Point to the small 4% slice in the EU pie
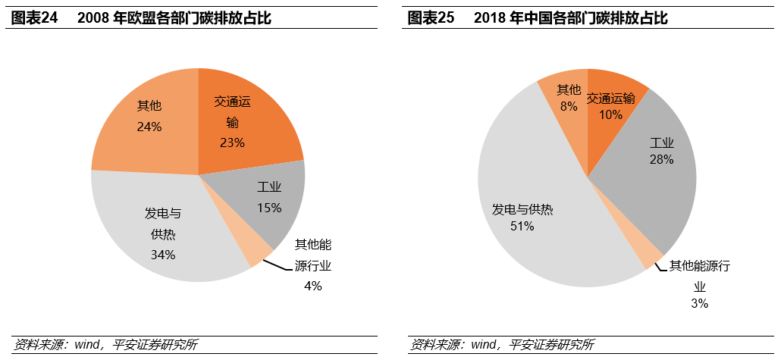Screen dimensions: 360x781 (257, 251)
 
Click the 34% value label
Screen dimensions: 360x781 (163, 255)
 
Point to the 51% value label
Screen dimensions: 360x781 (522, 226)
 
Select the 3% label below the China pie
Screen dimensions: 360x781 (699, 303)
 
